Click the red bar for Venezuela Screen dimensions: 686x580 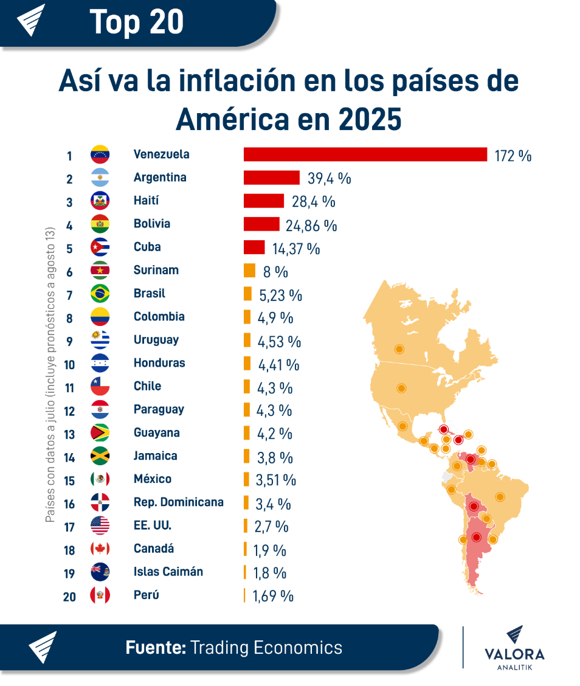365,154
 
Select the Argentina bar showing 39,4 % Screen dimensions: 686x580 271,178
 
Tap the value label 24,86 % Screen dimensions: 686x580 311,226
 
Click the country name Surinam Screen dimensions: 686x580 156,270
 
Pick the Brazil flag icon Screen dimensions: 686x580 100,294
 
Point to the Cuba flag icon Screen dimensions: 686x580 100,248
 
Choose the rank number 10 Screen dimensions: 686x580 69,365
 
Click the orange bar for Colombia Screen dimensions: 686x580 247,317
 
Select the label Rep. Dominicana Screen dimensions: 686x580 178,502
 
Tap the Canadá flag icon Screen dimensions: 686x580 100,549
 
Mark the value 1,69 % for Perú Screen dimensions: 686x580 273,596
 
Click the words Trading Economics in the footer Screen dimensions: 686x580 266,648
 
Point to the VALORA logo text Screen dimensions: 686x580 514,654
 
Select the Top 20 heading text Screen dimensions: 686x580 137,22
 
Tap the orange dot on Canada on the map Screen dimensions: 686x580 399,349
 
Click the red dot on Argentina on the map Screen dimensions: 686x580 476,538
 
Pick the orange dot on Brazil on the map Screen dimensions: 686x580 500,497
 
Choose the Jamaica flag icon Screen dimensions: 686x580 100,456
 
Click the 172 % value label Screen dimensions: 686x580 513,156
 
